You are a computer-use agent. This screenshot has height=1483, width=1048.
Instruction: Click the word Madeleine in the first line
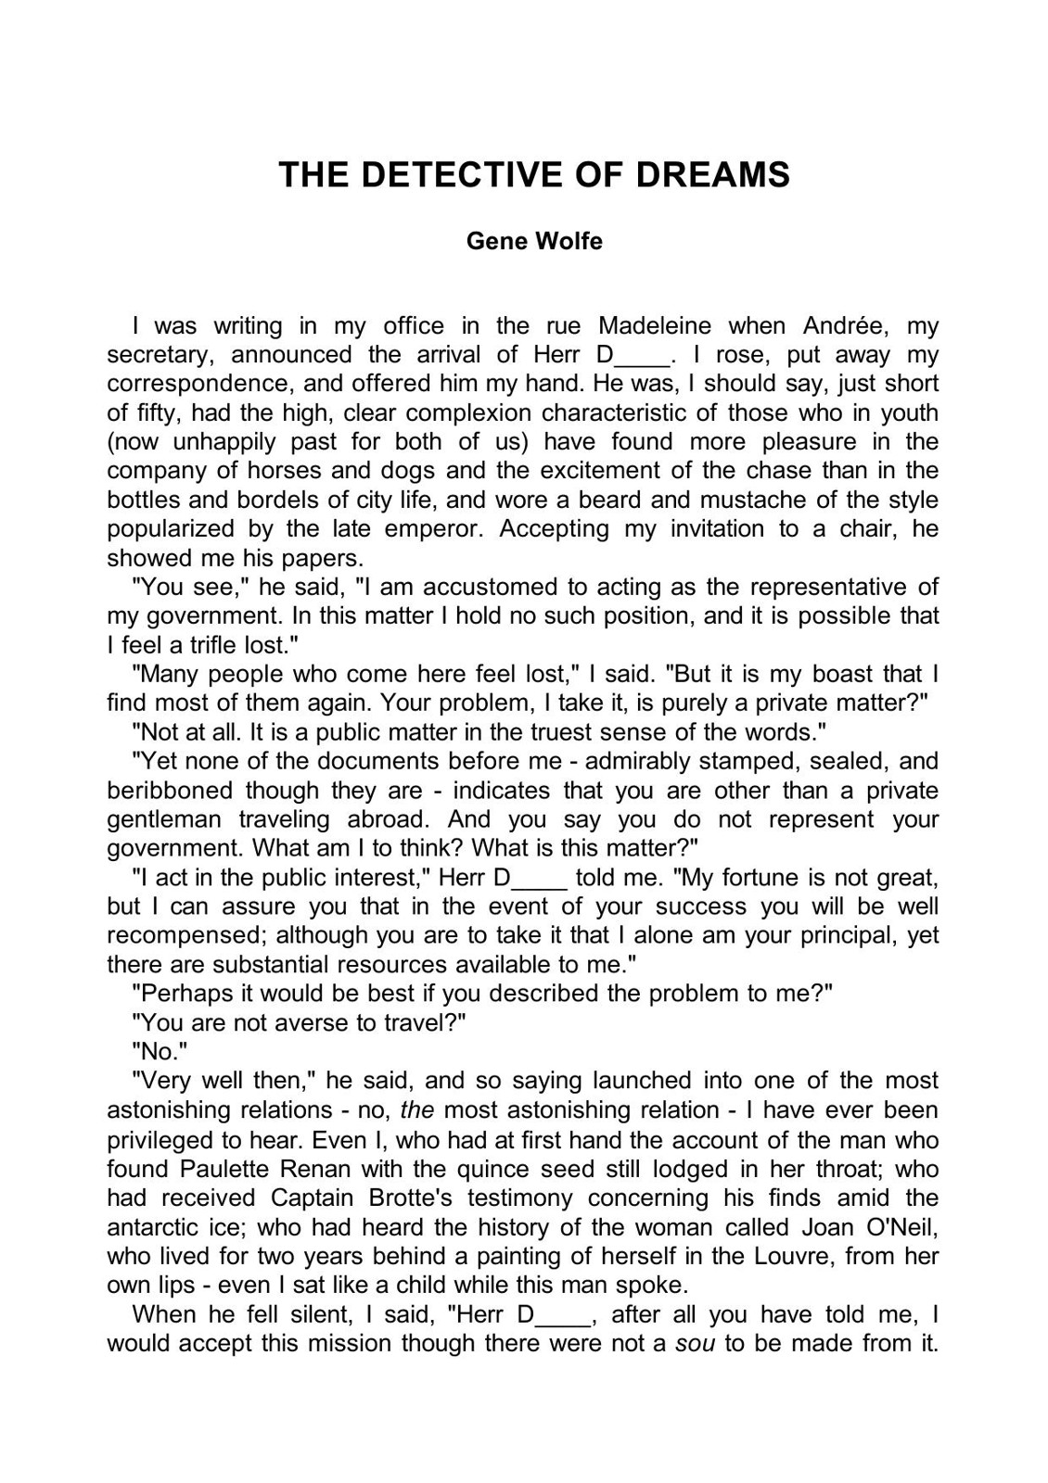coord(655,326)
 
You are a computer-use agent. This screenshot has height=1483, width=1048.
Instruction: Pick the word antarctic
coord(160,1227)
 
